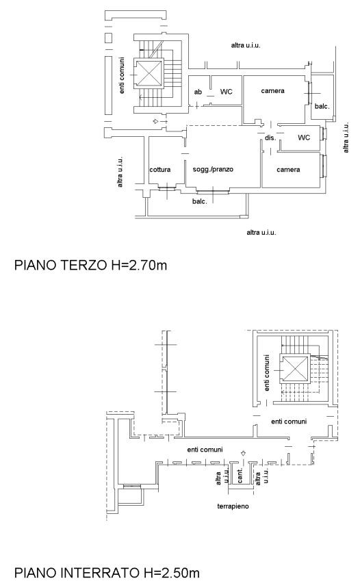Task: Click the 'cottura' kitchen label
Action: point(160,170)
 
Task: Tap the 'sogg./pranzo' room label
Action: point(213,169)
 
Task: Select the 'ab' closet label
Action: point(198,92)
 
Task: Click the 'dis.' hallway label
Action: point(270,138)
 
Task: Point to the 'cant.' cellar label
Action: point(240,476)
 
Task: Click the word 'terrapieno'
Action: point(233,506)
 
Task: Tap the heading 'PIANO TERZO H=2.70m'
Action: point(90,266)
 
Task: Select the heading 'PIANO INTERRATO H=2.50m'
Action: point(107,573)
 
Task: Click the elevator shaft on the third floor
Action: point(150,73)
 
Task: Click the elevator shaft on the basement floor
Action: point(295,368)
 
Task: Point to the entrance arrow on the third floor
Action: point(156,122)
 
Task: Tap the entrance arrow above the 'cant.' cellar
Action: point(243,453)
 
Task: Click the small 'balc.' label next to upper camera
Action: point(322,106)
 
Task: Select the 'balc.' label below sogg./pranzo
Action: point(199,202)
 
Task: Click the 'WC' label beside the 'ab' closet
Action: point(226,92)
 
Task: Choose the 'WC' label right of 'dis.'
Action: point(304,138)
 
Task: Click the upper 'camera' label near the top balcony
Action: point(272,91)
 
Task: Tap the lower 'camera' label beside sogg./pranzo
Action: point(288,170)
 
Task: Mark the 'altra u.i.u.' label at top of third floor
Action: point(246,45)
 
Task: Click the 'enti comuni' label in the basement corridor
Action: point(205,450)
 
